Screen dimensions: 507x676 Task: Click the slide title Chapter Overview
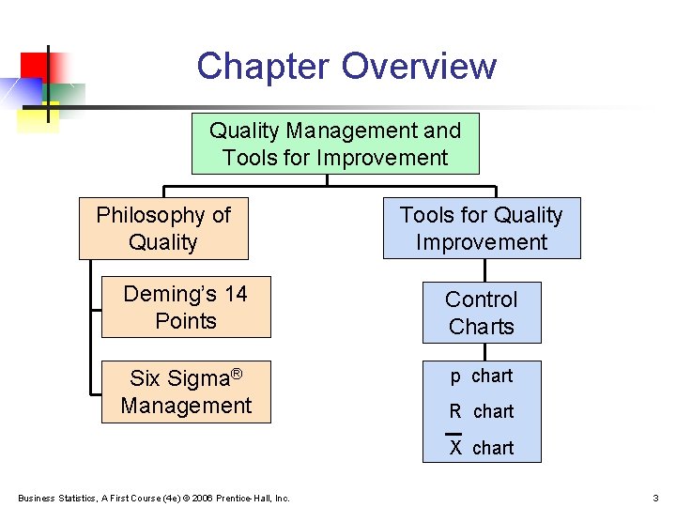(346, 67)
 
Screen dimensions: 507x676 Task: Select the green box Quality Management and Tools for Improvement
(335, 144)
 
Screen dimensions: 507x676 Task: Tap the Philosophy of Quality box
(163, 228)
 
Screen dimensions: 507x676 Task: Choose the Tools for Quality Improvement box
(481, 228)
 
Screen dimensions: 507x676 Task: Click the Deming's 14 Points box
(185, 307)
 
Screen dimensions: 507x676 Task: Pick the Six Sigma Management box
(186, 392)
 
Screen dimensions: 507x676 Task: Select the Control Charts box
(481, 313)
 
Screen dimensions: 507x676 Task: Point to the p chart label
(481, 376)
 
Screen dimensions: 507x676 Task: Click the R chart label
(481, 411)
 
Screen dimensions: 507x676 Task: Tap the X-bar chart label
(481, 447)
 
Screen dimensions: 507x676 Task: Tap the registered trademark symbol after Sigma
(237, 374)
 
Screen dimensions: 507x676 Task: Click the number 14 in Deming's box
(235, 294)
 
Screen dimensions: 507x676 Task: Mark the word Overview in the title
(419, 67)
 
